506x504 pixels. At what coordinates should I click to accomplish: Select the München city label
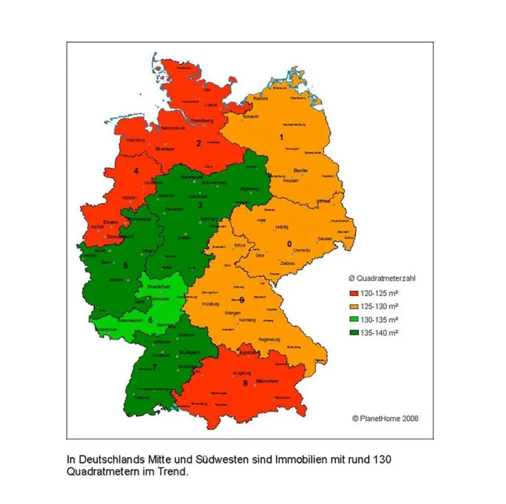267,381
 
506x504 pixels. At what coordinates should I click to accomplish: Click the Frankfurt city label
158,287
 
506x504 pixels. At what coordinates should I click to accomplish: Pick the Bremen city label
165,150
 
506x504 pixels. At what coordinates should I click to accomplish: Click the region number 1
282,136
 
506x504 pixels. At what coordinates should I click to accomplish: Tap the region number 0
289,244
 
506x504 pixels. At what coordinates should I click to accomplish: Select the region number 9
242,301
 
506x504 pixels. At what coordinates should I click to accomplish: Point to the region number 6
150,320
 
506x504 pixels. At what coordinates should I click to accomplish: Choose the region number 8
245,384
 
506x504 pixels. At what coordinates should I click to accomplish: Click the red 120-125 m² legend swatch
353,293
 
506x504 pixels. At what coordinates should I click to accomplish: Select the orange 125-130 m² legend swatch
353,306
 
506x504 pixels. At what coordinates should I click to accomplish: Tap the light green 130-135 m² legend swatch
353,319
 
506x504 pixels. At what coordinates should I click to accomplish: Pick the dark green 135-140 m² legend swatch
353,333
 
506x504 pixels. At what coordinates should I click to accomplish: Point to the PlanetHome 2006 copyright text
385,418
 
